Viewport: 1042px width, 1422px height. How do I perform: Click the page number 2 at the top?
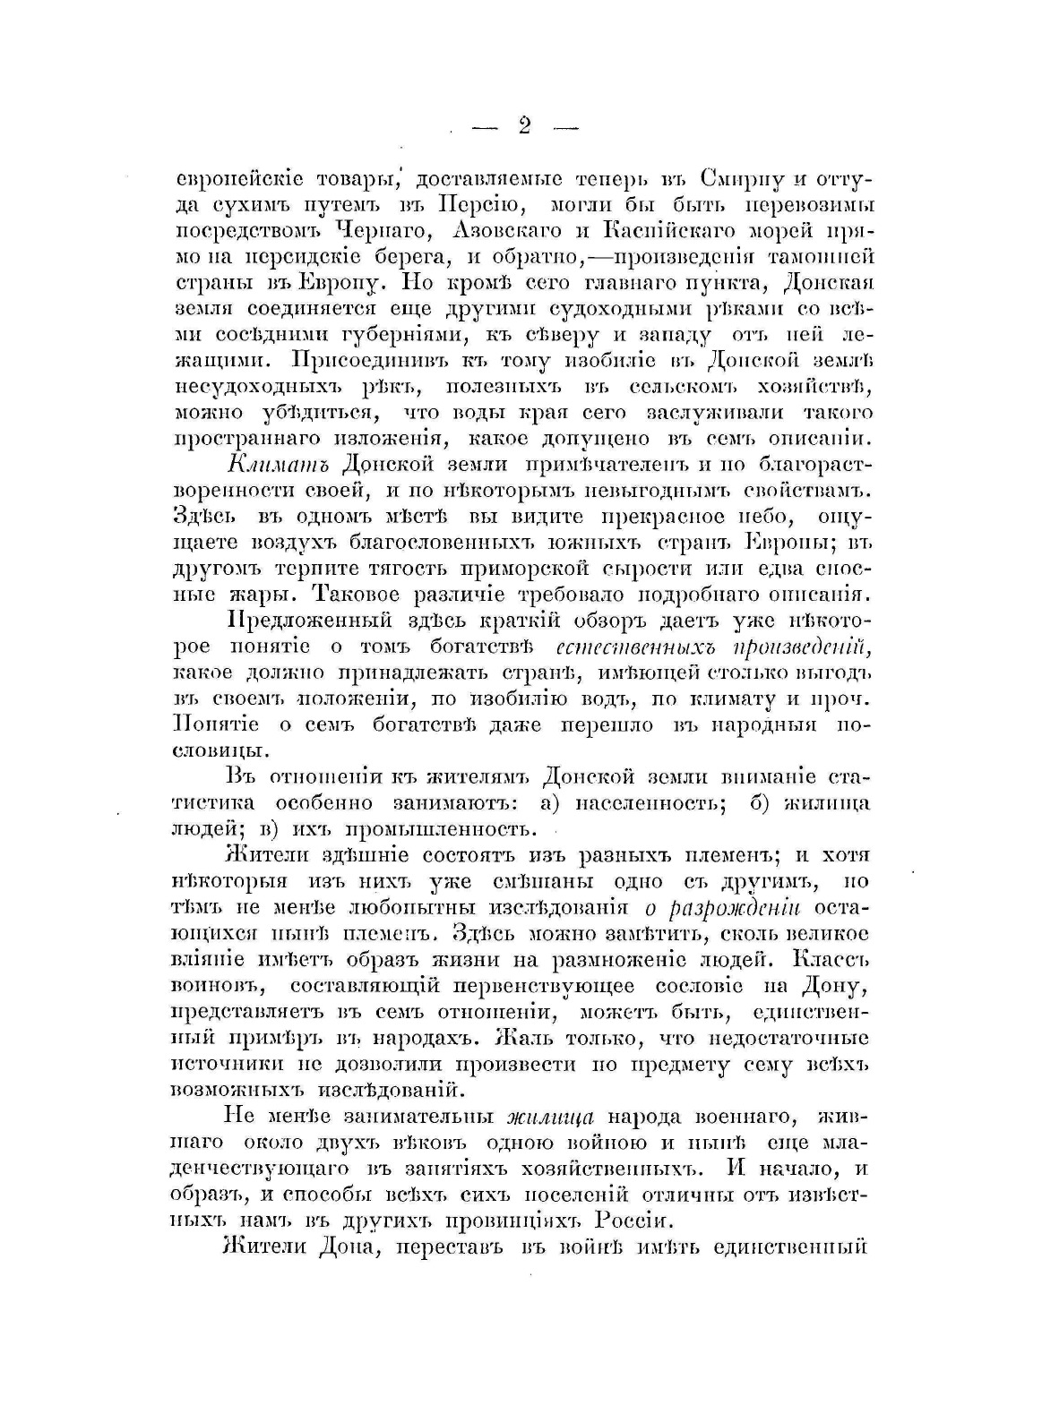click(x=523, y=125)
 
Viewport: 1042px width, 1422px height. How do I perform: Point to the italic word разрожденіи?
click(x=722, y=908)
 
